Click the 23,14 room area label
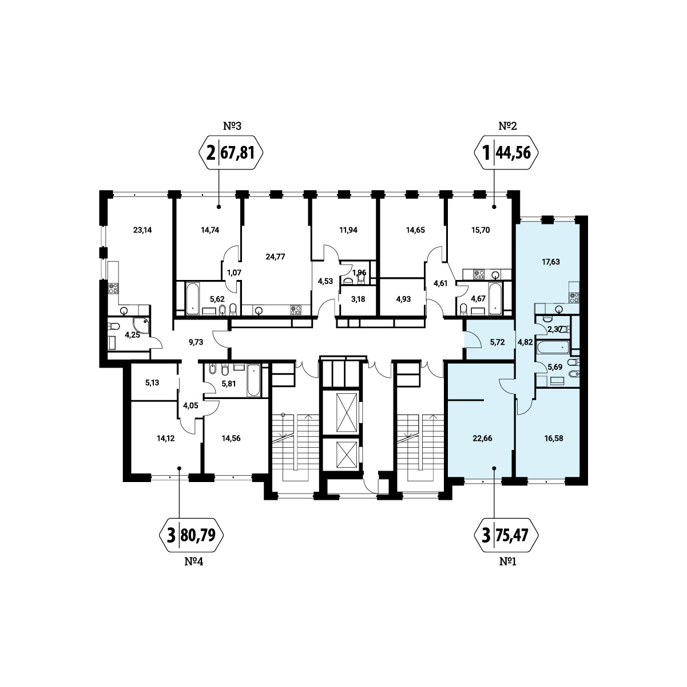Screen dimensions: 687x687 [x=142, y=230]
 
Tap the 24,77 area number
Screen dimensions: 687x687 [x=275, y=256]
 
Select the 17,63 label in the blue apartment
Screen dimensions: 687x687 [x=550, y=262]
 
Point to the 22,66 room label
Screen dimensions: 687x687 [x=482, y=439]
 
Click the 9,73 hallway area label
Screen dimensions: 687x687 [x=196, y=342]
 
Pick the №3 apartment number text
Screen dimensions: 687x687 [x=232, y=126]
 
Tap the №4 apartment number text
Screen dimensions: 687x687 [x=193, y=562]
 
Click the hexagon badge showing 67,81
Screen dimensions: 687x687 [x=231, y=153]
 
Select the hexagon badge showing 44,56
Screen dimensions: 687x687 [x=506, y=153]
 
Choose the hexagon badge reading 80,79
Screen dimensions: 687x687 [x=191, y=535]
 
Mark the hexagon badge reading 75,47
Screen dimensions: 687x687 [x=506, y=535]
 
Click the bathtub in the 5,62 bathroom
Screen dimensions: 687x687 [x=193, y=299]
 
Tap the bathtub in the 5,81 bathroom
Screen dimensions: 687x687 [x=253, y=380]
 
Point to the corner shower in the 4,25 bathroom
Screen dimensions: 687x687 [x=141, y=326]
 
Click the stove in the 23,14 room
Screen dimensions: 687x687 [x=114, y=288]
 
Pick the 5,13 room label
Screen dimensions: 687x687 [x=152, y=383]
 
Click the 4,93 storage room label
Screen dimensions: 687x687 [x=403, y=299]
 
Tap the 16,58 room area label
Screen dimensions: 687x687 [x=554, y=439]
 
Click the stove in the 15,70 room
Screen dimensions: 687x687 [x=479, y=274]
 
